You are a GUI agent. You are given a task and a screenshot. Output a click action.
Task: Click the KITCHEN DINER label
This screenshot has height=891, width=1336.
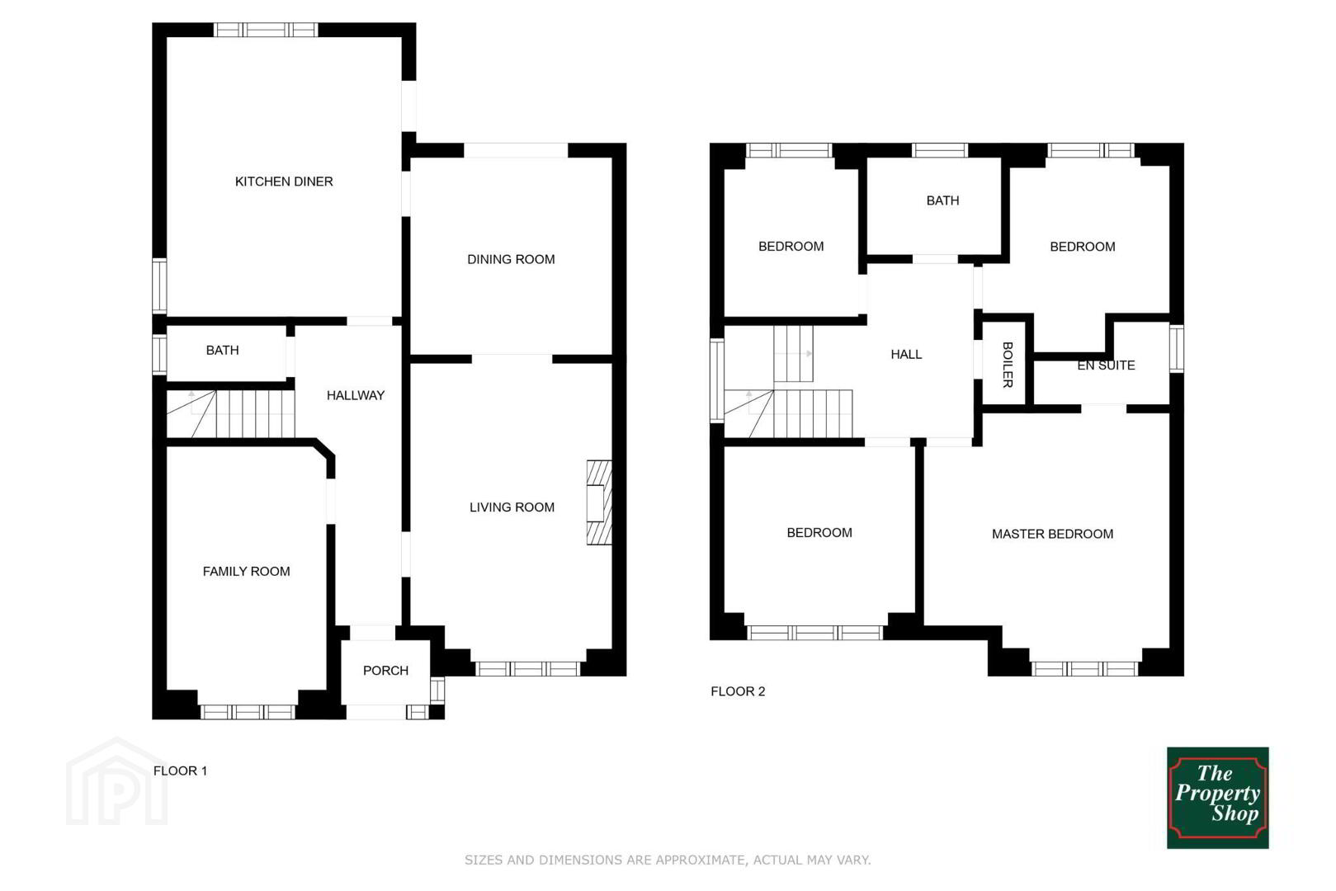(284, 181)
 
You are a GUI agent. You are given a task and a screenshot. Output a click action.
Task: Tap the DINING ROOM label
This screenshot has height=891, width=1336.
(511, 259)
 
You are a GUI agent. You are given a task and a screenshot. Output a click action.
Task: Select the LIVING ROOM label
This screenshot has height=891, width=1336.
(512, 507)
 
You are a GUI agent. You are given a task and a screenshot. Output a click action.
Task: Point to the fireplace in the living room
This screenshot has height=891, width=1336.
(599, 502)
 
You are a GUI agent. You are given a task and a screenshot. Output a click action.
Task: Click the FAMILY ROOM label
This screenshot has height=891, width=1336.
(247, 572)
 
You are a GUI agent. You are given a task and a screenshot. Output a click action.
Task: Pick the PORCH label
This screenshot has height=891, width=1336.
(386, 671)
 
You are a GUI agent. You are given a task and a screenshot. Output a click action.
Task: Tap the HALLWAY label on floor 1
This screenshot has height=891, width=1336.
(356, 395)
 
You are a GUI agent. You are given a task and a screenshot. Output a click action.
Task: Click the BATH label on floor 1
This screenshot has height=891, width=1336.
(223, 350)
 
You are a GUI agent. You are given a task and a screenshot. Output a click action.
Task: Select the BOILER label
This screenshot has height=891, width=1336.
(1008, 365)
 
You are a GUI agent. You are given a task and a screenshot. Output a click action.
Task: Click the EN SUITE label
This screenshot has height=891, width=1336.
(1106, 365)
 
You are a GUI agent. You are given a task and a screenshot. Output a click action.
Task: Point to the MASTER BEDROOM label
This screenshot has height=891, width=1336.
(1053, 535)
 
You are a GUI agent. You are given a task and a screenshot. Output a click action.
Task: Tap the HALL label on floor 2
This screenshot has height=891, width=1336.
(907, 354)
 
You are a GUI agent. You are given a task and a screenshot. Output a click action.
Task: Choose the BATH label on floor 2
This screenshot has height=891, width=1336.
(943, 201)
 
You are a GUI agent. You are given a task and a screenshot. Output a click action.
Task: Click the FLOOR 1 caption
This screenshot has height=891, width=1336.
(180, 771)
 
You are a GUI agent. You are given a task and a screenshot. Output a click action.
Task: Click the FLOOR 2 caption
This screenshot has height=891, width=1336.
(738, 691)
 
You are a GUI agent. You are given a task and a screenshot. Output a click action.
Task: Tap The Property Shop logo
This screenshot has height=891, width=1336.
(1217, 798)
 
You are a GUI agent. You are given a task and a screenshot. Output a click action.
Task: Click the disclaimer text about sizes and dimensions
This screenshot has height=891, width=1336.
(668, 860)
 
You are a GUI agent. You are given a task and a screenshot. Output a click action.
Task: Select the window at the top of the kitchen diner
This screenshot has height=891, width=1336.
(266, 30)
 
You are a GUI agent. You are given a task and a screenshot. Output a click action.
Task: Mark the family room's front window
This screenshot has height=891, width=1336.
(248, 711)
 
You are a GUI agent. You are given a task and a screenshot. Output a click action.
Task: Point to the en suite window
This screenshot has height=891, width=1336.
(1177, 349)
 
